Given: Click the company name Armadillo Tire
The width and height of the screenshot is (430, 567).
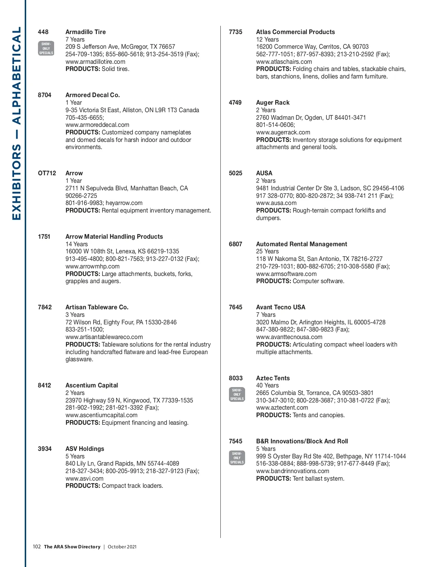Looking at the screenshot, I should [85, 32].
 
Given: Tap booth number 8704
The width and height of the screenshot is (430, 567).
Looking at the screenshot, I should [44, 95].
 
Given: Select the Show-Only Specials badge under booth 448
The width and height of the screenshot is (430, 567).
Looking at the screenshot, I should [46, 48].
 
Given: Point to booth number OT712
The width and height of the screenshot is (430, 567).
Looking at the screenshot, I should [47, 173].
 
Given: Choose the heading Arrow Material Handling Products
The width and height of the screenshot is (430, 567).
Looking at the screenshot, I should [114, 237].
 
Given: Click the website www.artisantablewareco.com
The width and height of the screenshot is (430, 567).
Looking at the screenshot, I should [104, 337].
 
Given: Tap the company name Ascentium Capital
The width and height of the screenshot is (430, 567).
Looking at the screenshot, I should [91, 385].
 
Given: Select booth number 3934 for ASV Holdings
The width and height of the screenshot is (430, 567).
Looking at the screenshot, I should [44, 449].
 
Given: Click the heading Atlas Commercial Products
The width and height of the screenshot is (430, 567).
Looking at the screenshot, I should [295, 32].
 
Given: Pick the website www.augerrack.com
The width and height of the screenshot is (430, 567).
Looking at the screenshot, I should [283, 132].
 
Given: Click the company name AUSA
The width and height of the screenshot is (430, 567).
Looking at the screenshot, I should [264, 173].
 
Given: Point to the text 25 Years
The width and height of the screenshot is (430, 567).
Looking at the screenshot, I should [267, 251].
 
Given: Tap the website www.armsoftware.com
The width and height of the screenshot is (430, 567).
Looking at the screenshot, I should [286, 274].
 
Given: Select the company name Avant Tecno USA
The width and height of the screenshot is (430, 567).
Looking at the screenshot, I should [281, 307].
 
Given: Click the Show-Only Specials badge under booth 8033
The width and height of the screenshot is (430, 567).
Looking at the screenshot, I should [237, 394].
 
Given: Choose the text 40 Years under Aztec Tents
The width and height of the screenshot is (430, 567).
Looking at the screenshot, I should [267, 385].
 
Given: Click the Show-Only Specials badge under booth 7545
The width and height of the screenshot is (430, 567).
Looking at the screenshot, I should [237, 458].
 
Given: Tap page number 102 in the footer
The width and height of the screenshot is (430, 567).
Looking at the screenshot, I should [37, 547].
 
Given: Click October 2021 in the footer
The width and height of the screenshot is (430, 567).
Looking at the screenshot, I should [122, 547].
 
